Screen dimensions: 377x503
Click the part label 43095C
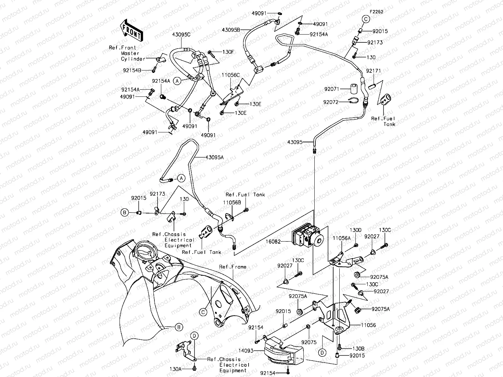tap(181, 35)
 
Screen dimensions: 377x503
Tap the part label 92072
tap(331, 102)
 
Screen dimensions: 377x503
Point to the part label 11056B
tap(233, 203)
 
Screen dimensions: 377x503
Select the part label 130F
tap(228, 52)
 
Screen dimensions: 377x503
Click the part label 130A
tap(176, 369)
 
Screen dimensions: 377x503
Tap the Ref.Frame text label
tap(232, 267)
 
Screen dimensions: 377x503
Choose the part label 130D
tap(355, 230)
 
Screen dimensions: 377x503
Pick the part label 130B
tap(359, 348)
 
